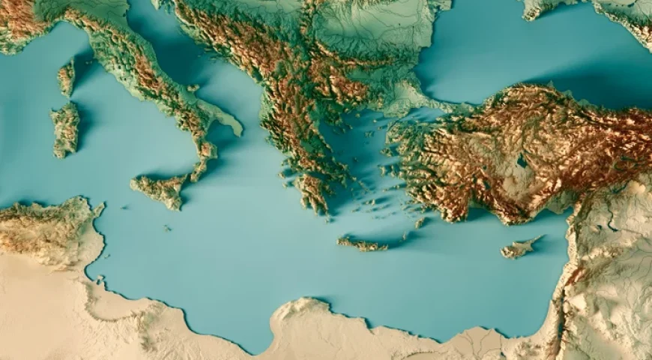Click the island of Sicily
point(160,190)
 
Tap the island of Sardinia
point(65,129)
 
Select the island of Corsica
point(67,77)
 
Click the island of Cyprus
point(519,248)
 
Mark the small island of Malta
point(166,227)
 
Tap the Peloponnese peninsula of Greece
point(312,189)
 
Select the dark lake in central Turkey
point(521,160)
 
